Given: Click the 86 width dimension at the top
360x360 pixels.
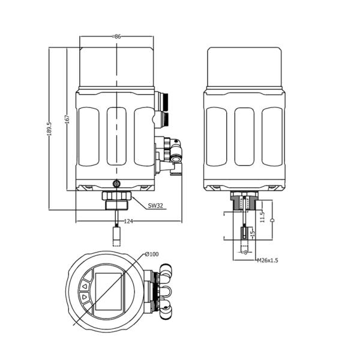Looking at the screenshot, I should pos(117,37).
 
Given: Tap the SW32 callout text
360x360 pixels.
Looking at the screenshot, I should pos(155,206).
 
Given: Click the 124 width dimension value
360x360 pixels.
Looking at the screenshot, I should pos(128,221).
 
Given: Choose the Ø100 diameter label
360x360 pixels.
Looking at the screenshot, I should pos(152,254).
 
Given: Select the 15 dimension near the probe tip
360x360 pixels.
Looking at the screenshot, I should pos(253,233).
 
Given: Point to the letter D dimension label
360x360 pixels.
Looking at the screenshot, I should pos(272,221).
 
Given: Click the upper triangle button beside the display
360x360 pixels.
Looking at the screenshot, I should pos(85,286).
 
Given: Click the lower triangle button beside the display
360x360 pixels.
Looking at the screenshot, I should pos(85,297).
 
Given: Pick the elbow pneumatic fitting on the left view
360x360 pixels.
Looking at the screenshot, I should pos(175,147).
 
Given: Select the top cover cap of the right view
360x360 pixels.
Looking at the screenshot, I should pos(244,65).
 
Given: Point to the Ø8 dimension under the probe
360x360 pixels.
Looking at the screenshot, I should pos(244,253).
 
